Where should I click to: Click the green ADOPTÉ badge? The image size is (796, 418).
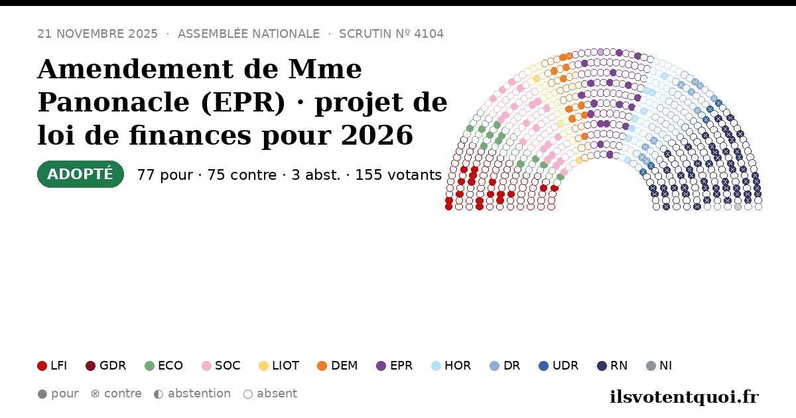[80, 174]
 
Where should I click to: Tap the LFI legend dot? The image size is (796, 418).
[42, 366]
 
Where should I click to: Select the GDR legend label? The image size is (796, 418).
[113, 366]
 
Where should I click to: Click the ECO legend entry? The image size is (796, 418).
[164, 366]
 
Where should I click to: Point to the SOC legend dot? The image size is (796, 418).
[206, 366]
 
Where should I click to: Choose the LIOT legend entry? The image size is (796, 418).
[279, 366]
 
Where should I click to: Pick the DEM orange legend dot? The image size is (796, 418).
[322, 366]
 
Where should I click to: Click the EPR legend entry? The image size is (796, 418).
[395, 366]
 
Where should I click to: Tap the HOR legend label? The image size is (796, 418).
[458, 366]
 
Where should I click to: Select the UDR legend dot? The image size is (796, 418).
[544, 366]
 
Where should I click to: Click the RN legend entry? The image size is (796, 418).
[612, 366]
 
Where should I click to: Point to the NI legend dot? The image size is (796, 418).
[651, 366]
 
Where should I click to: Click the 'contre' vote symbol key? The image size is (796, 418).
[95, 394]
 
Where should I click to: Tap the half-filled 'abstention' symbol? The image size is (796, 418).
[159, 394]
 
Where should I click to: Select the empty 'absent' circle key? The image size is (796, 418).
[248, 394]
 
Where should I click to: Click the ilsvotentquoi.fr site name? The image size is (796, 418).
[684, 397]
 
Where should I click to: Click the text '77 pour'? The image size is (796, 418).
[165, 175]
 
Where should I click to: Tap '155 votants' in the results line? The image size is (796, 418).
[399, 175]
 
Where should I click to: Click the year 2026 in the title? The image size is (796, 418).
[377, 135]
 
